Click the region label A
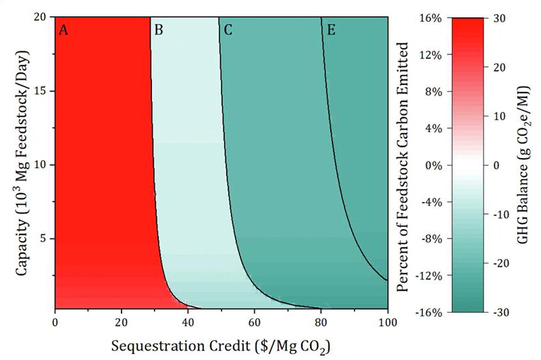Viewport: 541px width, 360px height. [x=64, y=30]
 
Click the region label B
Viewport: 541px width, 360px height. [x=159, y=30]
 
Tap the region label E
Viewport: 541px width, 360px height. [x=330, y=30]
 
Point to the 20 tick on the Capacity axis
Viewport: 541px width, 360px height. [x=41, y=18]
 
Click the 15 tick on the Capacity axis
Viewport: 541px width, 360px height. [x=41, y=91]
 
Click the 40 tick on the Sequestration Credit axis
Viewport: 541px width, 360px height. [x=188, y=322]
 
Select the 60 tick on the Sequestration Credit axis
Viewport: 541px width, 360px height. [x=255, y=322]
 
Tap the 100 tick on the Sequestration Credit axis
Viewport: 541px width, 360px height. [x=387, y=322]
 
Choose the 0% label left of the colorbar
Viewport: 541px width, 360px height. [x=434, y=165]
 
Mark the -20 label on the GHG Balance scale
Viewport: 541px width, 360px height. [x=502, y=263]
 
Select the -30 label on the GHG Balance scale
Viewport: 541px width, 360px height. [x=502, y=312]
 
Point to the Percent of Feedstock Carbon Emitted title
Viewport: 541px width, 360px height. [x=405, y=165]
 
